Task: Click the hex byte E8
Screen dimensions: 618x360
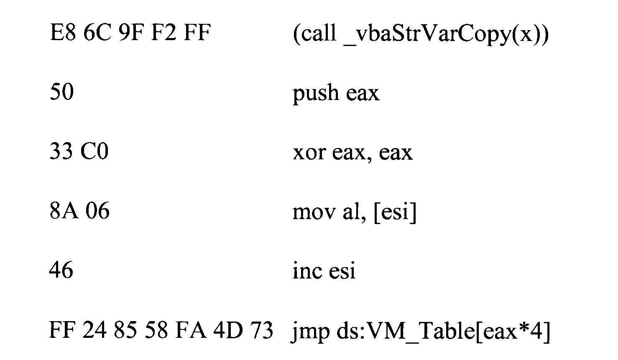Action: click(x=63, y=33)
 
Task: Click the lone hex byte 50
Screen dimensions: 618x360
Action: click(x=61, y=92)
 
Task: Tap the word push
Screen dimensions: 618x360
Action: click(x=316, y=93)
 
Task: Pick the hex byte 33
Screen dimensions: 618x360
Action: click(x=61, y=151)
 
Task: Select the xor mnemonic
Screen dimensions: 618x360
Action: click(x=309, y=152)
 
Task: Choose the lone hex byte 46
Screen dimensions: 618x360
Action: click(x=61, y=270)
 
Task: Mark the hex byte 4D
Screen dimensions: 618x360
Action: click(x=228, y=330)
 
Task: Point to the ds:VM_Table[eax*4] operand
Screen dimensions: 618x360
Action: click(x=443, y=331)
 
